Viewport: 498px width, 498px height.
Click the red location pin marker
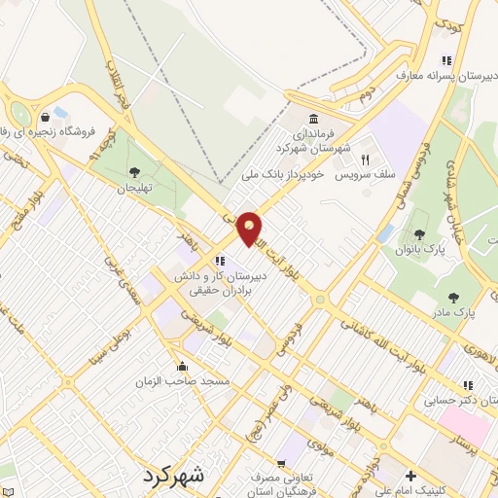tap(250, 229)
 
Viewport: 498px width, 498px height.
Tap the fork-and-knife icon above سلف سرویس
tap(366, 160)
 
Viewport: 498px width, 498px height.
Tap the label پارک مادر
tap(453, 313)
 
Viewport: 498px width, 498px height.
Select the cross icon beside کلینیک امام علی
tap(410, 477)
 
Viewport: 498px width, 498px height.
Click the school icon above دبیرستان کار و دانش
tap(220, 261)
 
